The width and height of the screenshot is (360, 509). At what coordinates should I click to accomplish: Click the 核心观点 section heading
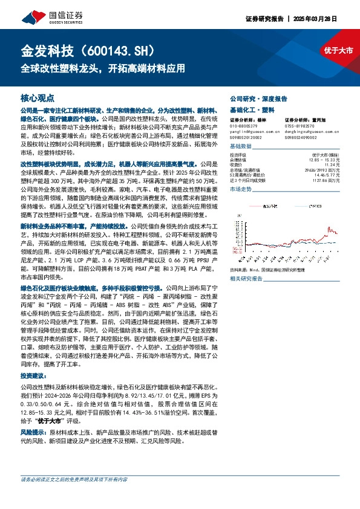pos(38,97)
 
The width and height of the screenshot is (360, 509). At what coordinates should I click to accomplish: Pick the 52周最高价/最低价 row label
pos(247,174)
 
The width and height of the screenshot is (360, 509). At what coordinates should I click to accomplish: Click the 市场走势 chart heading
pos(241,189)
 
